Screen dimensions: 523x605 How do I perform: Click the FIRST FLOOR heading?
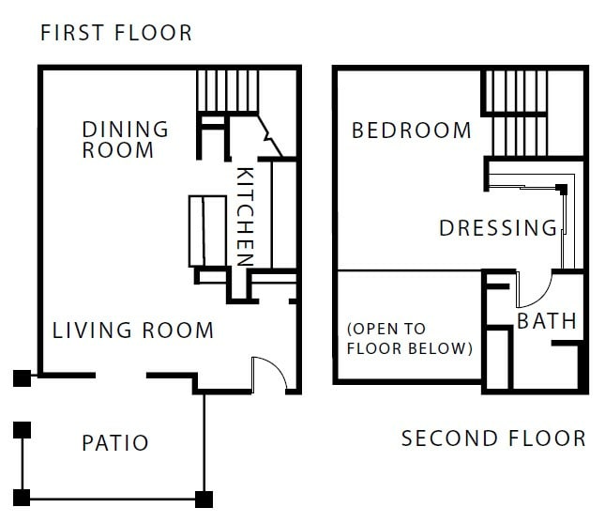(115, 34)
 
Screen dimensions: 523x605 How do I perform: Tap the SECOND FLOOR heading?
(493, 438)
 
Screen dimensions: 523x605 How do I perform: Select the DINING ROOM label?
(125, 139)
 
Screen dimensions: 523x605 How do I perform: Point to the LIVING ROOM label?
(133, 331)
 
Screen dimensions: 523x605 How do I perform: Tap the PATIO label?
(114, 442)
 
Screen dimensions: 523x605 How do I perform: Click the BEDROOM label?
(411, 131)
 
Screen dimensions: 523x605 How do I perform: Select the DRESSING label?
(498, 228)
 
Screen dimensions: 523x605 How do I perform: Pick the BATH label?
(547, 321)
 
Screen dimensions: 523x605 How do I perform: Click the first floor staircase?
(225, 90)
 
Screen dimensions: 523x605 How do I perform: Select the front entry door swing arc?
(265, 374)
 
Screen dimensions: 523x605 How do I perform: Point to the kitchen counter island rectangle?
(204, 230)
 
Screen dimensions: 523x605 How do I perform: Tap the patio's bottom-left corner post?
(21, 497)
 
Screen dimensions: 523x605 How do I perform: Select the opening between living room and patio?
(120, 377)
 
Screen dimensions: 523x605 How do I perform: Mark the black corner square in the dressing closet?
(562, 190)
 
